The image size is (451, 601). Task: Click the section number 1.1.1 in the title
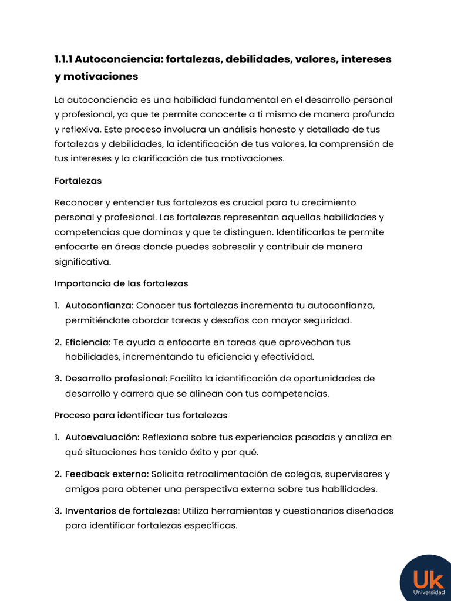coord(63,59)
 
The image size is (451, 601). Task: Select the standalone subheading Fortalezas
coord(78,181)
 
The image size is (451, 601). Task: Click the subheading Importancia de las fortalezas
coord(121,283)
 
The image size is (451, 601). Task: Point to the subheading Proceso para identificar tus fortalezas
coord(141,415)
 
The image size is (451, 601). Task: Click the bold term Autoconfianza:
coord(99,305)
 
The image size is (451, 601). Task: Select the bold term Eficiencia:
coord(88,342)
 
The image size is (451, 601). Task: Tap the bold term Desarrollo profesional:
coord(116,379)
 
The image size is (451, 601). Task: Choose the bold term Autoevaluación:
coord(102,437)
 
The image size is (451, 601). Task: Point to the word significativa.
coord(82,261)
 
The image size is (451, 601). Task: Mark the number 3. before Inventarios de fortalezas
coord(58,511)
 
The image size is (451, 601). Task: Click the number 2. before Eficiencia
coord(58,342)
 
